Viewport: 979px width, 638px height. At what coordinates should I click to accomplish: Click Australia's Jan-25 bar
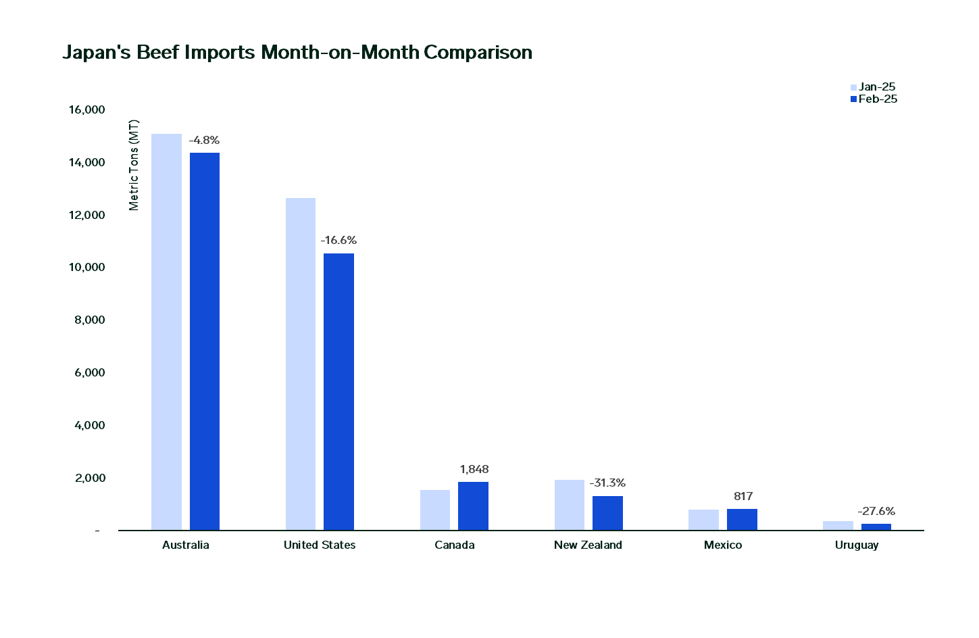click(166, 332)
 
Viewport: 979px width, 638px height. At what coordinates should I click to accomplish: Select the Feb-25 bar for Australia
click(205, 341)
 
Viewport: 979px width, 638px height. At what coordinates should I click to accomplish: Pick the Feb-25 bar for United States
click(338, 391)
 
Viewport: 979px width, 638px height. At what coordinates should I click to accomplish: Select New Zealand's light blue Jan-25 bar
click(570, 505)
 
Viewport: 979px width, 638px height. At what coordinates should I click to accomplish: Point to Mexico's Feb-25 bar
click(742, 519)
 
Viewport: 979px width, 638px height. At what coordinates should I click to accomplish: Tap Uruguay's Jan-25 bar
click(838, 525)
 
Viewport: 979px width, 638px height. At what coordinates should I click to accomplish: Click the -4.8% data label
click(204, 141)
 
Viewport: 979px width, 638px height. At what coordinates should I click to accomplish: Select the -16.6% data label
click(338, 241)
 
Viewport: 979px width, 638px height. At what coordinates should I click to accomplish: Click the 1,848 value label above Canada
click(474, 470)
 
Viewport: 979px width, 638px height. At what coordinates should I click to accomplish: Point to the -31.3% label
click(607, 483)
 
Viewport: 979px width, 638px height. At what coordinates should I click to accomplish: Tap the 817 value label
click(743, 497)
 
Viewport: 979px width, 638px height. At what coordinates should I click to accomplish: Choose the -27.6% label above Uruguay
click(876, 512)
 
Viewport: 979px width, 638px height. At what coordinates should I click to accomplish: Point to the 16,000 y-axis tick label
click(87, 110)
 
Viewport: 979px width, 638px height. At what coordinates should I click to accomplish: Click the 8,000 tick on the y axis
click(90, 320)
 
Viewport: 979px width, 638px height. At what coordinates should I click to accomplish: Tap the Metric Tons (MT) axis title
click(134, 165)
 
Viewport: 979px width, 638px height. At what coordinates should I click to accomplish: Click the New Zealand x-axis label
click(588, 545)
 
